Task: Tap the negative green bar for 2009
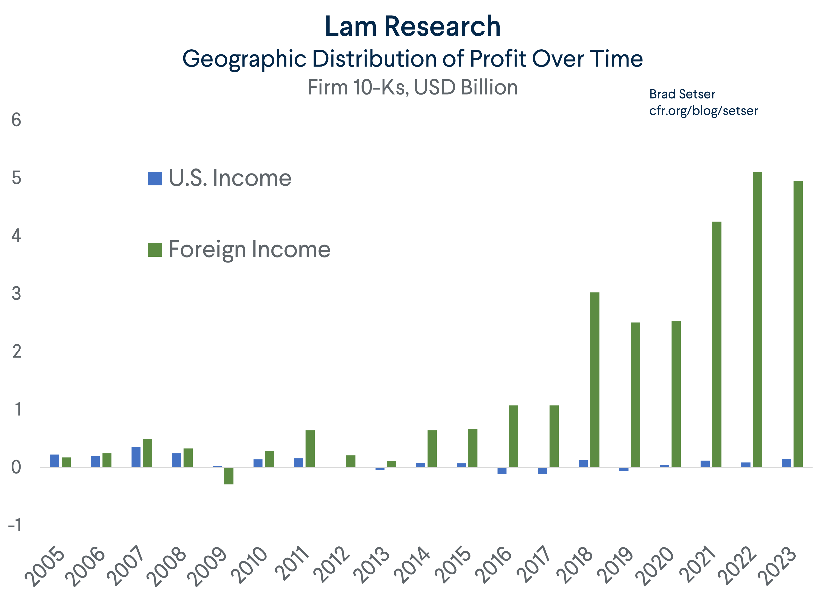(x=229, y=476)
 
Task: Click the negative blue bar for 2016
(x=502, y=471)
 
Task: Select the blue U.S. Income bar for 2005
(x=55, y=461)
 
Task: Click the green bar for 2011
(x=310, y=449)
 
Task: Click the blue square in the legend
(x=155, y=179)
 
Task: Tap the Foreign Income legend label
(x=250, y=250)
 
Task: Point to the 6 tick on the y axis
(x=16, y=120)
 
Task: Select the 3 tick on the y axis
(x=16, y=294)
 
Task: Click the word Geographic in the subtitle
(x=244, y=59)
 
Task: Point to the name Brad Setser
(x=682, y=94)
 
